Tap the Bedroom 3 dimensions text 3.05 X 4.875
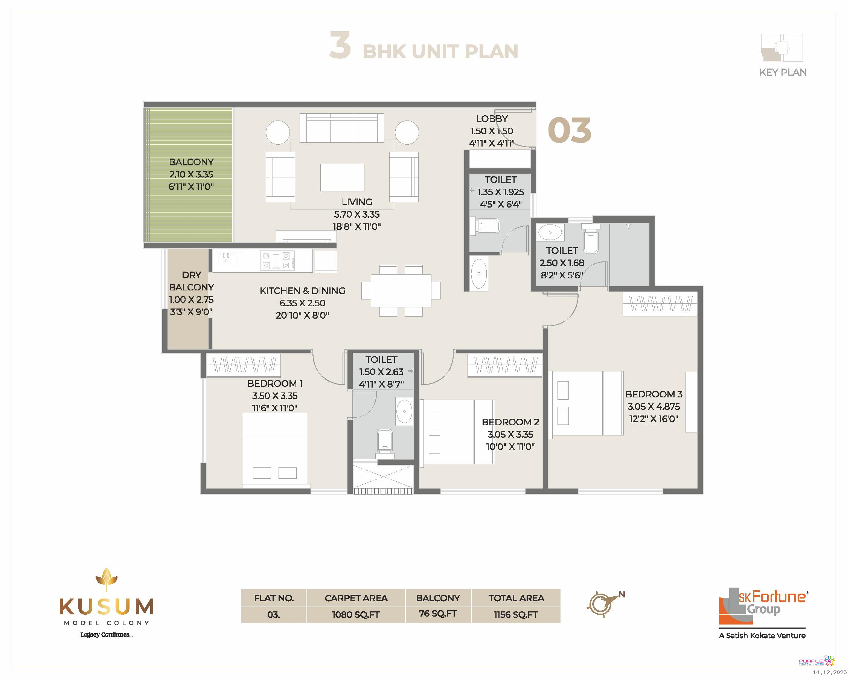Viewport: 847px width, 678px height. point(654,406)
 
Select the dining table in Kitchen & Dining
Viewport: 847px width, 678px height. point(401,291)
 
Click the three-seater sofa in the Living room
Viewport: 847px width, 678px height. point(342,128)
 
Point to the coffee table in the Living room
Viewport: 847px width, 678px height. point(342,178)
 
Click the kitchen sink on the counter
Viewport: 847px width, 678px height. point(228,260)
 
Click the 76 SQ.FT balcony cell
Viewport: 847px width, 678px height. point(438,614)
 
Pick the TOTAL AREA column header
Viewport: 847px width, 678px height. point(516,598)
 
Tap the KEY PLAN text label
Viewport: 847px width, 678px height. point(783,72)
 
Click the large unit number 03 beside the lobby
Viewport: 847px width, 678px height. point(569,130)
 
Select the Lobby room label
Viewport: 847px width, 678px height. point(492,119)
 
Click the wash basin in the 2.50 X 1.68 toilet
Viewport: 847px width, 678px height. point(550,232)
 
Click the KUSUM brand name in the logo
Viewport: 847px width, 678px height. point(107,607)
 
